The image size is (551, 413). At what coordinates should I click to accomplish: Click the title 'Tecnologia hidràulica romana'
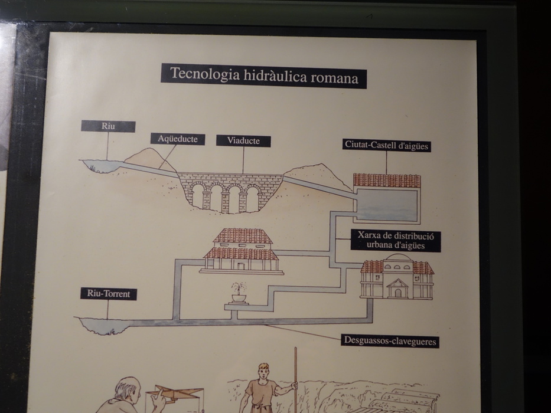263,76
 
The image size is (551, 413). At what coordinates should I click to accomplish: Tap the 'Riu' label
108,126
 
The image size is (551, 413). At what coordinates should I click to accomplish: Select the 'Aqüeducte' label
177,139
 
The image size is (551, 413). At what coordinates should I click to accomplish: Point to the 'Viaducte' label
243,141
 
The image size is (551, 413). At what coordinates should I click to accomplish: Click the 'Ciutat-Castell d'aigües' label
387,145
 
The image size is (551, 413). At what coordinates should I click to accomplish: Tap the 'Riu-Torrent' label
108,294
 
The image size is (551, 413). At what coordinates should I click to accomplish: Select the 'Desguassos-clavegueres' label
390,341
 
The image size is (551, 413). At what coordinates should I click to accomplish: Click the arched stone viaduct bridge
228,192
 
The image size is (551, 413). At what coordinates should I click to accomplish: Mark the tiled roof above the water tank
387,181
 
